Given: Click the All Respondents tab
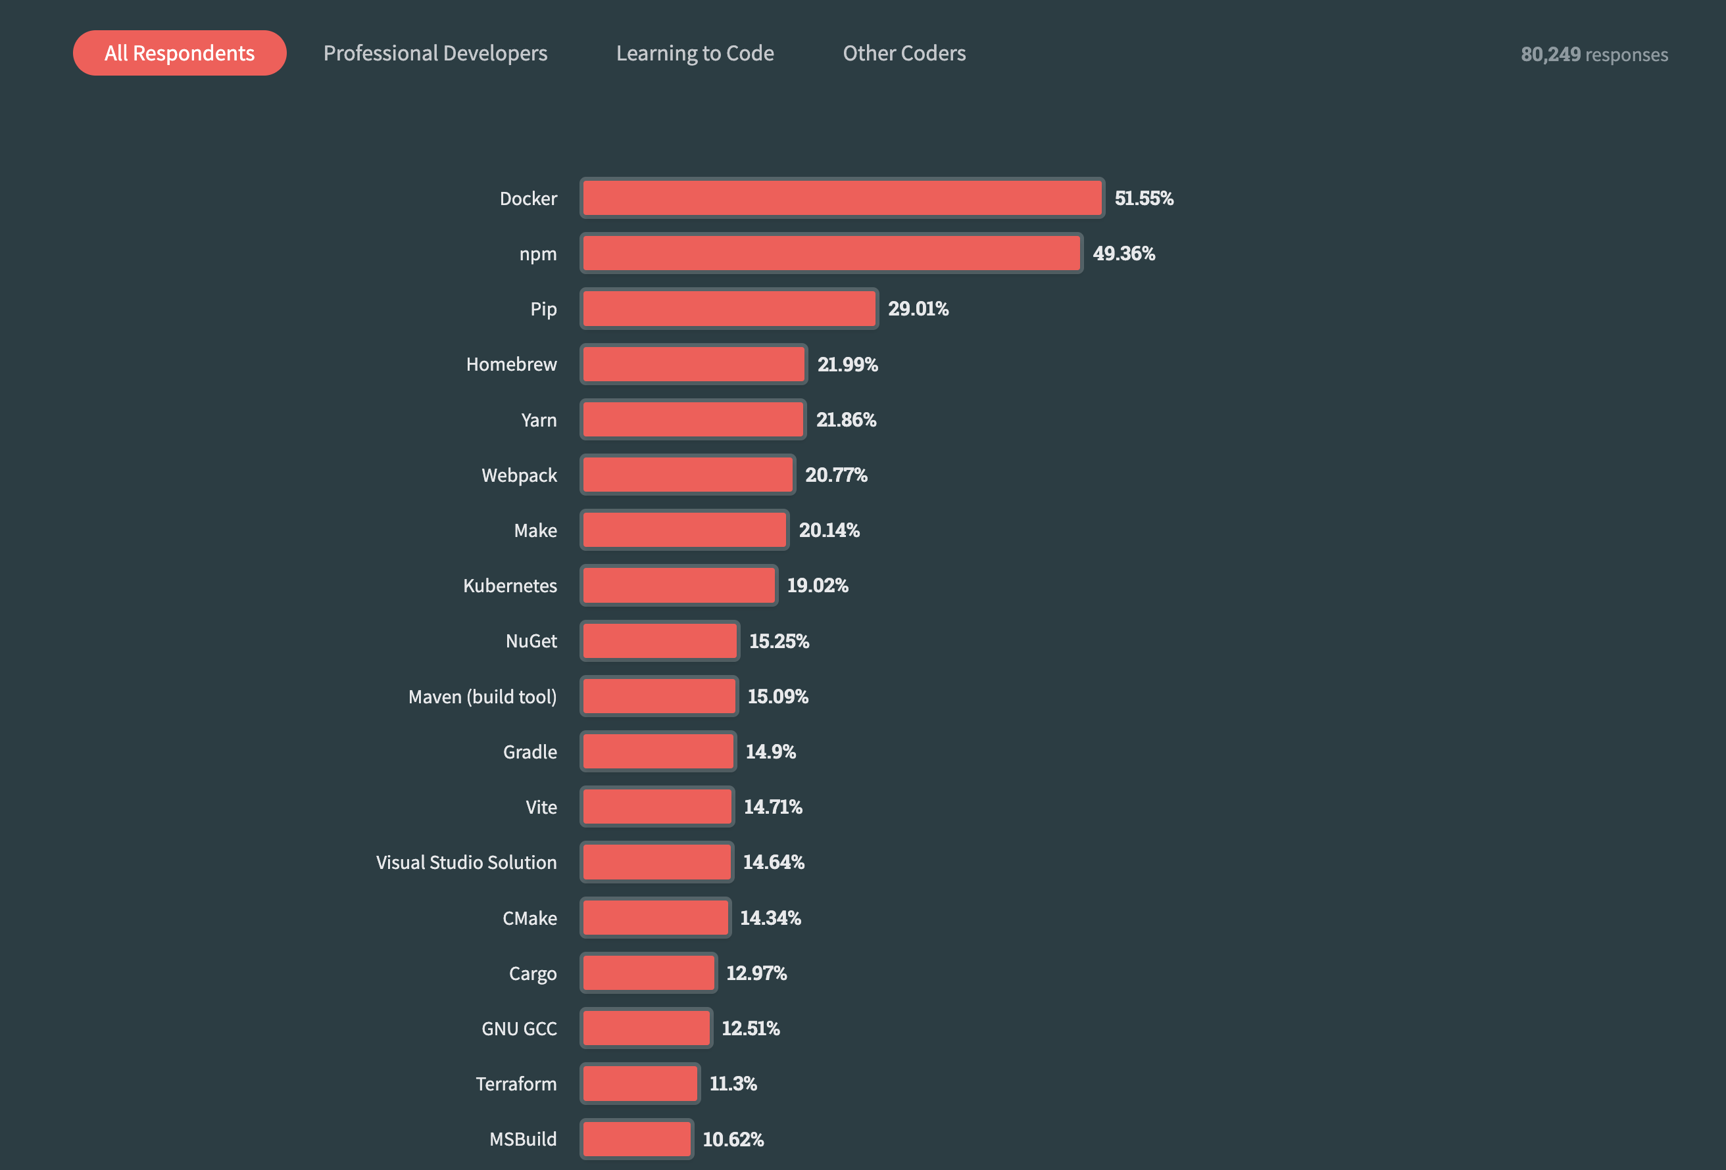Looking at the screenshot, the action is point(179,53).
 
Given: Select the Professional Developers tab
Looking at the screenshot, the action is point(435,53).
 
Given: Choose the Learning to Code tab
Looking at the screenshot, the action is point(695,53).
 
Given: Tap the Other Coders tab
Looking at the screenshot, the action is point(904,53).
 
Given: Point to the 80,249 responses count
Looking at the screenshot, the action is point(1594,54).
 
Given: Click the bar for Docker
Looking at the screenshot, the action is point(842,199).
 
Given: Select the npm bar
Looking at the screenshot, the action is point(832,253).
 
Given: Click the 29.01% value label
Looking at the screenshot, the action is point(918,309).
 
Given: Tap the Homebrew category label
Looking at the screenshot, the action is point(511,363).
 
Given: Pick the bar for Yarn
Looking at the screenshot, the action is point(693,419).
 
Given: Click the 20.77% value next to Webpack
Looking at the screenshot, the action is point(836,475).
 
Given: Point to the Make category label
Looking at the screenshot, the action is point(535,530).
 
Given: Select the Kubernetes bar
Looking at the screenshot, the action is point(679,586).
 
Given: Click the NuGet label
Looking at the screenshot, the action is point(531,641).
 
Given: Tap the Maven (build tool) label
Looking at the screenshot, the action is point(482,696).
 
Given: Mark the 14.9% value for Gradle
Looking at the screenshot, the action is point(770,752).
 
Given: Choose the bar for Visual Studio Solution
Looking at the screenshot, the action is point(656,862).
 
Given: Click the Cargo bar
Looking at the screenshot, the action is point(649,973).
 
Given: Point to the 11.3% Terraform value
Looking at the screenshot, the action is point(733,1084).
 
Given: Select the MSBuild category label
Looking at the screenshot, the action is point(523,1139).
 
